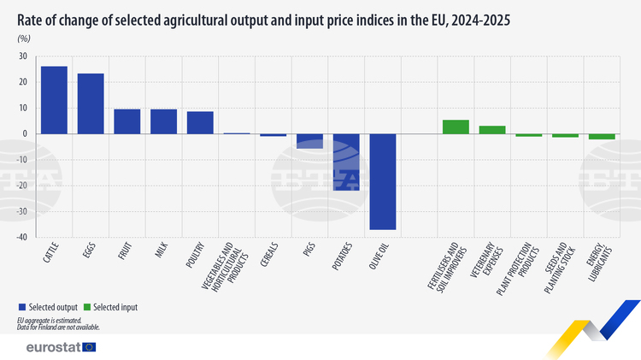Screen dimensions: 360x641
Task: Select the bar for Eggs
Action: pos(91,103)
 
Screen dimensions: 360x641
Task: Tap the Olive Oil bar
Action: pos(382,181)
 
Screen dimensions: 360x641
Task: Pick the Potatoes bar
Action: pos(346,162)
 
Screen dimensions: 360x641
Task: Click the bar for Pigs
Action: pos(309,141)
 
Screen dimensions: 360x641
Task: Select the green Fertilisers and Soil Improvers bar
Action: pos(456,127)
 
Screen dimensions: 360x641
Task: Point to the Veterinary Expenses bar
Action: pos(492,130)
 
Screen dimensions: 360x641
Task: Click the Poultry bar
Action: pos(200,122)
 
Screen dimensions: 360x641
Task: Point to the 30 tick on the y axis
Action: pos(22,56)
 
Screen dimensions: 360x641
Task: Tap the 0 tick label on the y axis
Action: pos(24,133)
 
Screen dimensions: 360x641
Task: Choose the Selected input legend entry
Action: pos(114,306)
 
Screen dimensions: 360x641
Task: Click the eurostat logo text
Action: pos(53,347)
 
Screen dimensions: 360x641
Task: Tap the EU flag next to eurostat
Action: pos(89,347)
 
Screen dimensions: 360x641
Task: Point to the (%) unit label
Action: pos(24,38)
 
